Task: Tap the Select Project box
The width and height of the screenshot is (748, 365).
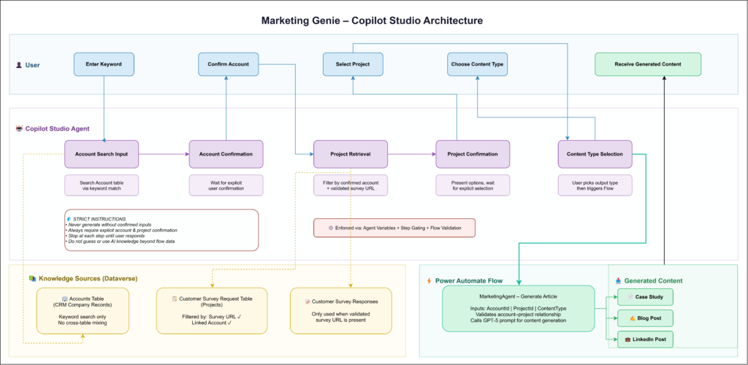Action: click(x=352, y=64)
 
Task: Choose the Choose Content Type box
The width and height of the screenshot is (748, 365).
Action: click(x=477, y=64)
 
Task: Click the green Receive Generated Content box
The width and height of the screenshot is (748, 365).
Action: click(x=647, y=64)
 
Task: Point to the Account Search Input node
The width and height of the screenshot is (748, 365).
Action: click(x=102, y=154)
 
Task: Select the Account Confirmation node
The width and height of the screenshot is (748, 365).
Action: click(x=226, y=154)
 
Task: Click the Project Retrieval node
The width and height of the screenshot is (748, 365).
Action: click(x=350, y=154)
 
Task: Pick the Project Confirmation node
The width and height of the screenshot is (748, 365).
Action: click(x=473, y=154)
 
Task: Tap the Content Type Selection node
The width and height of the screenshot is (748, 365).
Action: click(x=595, y=154)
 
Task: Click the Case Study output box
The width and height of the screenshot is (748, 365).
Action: click(x=645, y=297)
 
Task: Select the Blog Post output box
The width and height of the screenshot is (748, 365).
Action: click(x=645, y=318)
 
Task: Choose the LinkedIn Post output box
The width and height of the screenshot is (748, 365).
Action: click(x=645, y=339)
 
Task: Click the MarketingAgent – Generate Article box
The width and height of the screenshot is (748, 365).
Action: click(x=518, y=308)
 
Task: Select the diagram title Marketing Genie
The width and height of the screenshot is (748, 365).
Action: click(x=373, y=20)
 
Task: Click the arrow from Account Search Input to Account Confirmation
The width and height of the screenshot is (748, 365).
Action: click(x=164, y=154)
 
